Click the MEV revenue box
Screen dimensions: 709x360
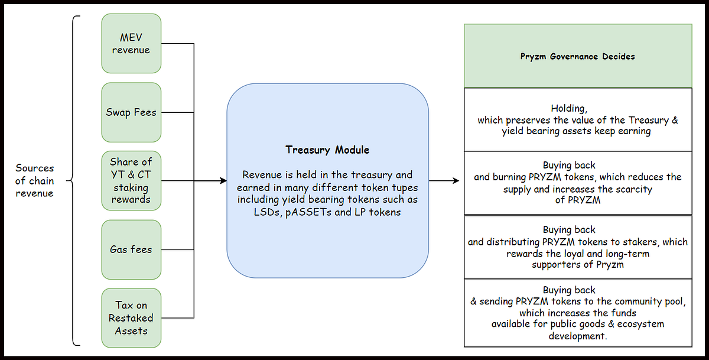click(131, 43)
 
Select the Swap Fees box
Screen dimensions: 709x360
click(131, 112)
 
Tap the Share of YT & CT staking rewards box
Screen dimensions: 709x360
click(131, 181)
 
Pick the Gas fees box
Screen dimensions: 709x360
click(131, 250)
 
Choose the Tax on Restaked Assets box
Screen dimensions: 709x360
click(131, 318)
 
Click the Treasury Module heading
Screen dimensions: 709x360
click(327, 150)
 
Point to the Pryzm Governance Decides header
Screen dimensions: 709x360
click(578, 56)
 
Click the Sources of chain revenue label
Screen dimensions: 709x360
click(34, 181)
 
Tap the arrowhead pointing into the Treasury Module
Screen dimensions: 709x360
click(223, 181)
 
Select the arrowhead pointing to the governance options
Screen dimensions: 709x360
click(456, 181)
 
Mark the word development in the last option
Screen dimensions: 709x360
click(578, 336)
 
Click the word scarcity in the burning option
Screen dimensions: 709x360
click(632, 189)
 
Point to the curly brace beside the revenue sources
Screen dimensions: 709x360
click(73, 181)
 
